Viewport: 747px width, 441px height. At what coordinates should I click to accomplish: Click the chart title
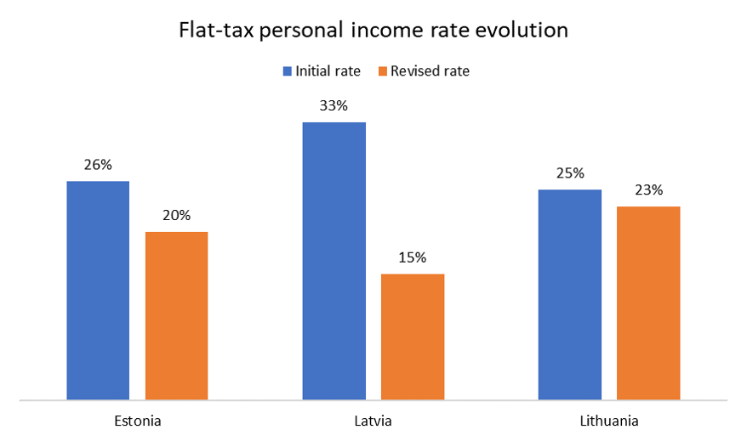373,31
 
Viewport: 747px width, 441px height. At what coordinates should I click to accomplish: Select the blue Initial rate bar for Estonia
98,290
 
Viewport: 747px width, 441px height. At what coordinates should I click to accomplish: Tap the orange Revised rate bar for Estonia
176,315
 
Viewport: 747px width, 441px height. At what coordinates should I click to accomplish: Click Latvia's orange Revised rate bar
413,336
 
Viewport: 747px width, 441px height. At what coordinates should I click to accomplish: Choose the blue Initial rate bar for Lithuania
569,294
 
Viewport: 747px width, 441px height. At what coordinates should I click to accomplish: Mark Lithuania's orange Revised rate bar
648,302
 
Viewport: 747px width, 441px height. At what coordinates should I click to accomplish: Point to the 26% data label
98,165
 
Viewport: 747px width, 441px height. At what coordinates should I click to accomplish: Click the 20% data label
176,216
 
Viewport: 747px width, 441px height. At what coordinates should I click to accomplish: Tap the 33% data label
334,106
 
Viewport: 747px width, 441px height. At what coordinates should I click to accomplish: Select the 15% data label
413,257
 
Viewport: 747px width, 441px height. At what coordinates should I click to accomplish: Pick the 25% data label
569,173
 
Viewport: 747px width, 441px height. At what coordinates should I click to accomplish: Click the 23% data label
648,190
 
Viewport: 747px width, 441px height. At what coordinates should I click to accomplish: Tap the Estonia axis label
137,421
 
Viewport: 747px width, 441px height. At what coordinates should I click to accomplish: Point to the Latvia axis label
373,421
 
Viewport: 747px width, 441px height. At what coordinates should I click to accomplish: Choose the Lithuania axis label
608,421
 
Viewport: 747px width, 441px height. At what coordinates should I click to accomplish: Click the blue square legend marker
288,71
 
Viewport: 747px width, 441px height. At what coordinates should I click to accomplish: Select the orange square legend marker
384,71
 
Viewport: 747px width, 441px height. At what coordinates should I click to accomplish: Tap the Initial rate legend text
328,71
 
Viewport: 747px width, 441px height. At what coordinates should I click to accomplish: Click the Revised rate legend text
430,71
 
